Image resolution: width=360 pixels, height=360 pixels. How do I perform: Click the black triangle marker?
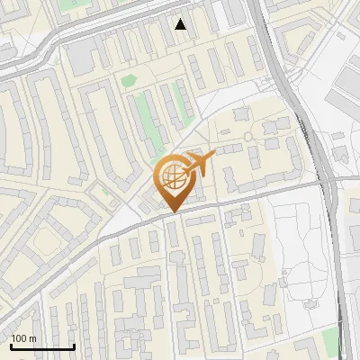pos(181,24)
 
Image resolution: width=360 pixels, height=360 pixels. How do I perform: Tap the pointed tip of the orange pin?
pos(172,212)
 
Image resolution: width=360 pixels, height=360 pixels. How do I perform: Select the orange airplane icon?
pos(201,162)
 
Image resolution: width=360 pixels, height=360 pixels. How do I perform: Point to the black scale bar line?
pos(42,346)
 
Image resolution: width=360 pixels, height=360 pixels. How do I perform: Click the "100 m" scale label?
pos(24,338)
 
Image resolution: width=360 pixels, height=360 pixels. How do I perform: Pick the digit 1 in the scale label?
pos(14,338)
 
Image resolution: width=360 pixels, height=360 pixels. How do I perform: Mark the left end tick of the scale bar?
pos(11,345)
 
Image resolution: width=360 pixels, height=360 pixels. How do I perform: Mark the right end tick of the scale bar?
pos(74,345)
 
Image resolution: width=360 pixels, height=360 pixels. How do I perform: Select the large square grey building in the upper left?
pos(82,59)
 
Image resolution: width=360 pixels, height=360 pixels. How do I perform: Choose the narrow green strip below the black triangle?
pos(184,105)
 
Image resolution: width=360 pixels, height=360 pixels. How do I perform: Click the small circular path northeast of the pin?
pos(247,136)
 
